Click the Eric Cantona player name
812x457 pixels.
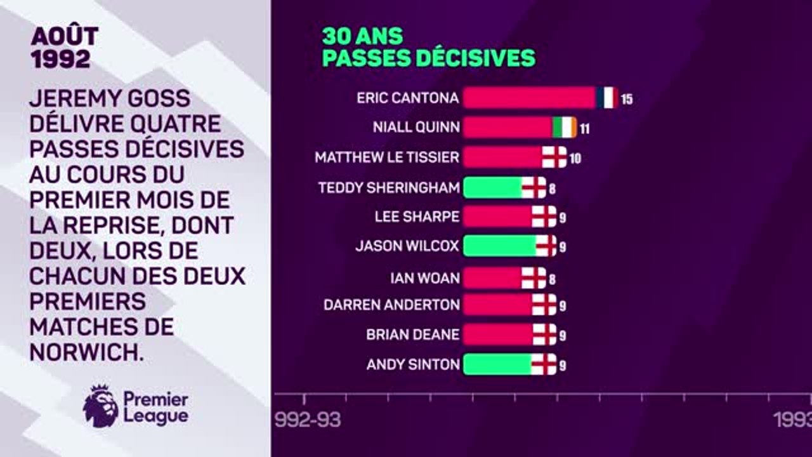pyautogui.click(x=407, y=98)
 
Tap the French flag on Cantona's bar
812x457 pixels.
pyautogui.click(x=607, y=98)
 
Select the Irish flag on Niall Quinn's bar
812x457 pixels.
pyautogui.click(x=565, y=128)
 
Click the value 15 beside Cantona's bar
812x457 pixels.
pyautogui.click(x=627, y=100)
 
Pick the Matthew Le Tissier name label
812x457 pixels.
pyautogui.click(x=387, y=157)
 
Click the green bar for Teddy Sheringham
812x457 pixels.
pyautogui.click(x=492, y=187)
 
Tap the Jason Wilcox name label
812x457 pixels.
pyautogui.click(x=407, y=246)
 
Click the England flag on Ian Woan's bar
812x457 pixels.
pyautogui.click(x=534, y=277)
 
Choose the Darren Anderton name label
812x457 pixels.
pyautogui.click(x=391, y=305)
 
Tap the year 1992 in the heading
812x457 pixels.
pyautogui.click(x=60, y=60)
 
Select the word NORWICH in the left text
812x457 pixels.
pyautogui.click(x=86, y=351)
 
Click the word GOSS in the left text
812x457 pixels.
pyautogui.click(x=157, y=98)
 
